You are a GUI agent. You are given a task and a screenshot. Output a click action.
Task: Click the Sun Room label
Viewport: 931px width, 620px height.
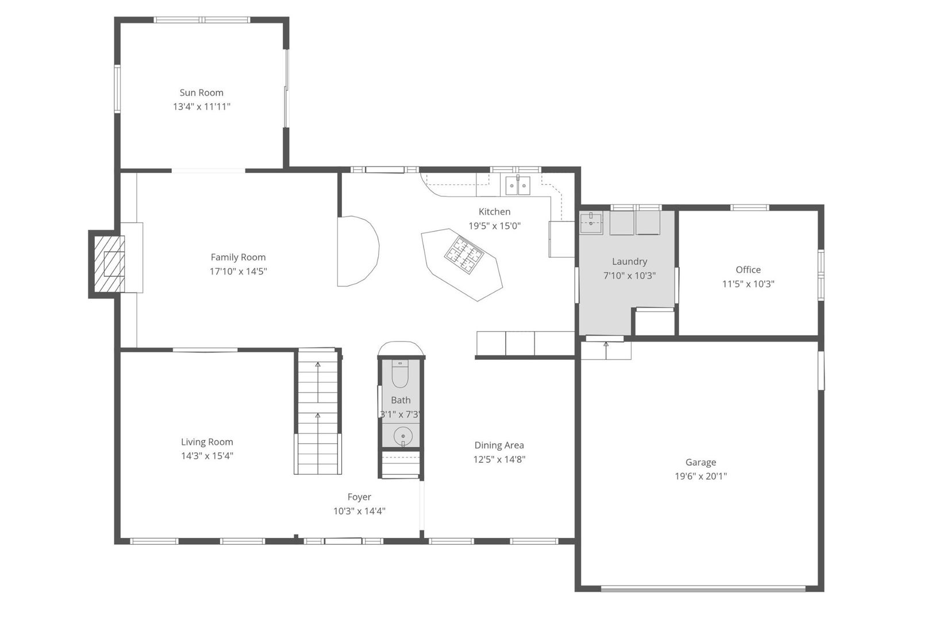(201, 92)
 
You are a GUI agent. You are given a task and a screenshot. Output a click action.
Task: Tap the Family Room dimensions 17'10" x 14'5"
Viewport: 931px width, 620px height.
(238, 272)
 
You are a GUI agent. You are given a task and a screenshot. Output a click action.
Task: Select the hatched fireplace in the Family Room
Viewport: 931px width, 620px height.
(109, 263)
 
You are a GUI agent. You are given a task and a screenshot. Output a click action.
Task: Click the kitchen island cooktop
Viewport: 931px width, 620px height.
(464, 255)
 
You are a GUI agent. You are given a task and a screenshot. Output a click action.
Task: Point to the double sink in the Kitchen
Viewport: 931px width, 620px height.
(518, 185)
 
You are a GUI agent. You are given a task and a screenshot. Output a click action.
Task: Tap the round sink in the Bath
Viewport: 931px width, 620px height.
(403, 436)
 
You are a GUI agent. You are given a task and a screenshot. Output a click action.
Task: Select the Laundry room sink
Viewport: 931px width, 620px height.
(591, 223)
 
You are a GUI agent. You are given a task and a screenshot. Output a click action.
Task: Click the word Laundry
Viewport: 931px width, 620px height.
(629, 262)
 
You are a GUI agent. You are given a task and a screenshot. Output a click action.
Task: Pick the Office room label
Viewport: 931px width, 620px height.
(748, 270)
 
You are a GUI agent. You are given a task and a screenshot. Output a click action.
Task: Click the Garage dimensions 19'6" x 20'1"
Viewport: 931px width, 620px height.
(701, 476)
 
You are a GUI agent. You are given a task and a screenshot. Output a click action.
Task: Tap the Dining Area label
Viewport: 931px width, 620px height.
(499, 445)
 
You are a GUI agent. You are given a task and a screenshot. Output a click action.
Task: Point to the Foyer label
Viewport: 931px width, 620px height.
(359, 497)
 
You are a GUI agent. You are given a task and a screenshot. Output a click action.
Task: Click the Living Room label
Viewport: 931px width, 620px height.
(207, 442)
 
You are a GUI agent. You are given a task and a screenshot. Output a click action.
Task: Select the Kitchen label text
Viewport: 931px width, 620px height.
(495, 212)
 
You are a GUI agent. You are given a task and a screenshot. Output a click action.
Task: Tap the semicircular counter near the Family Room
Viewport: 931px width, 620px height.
(358, 251)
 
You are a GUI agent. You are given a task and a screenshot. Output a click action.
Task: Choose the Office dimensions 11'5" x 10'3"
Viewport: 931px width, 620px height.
(748, 284)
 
